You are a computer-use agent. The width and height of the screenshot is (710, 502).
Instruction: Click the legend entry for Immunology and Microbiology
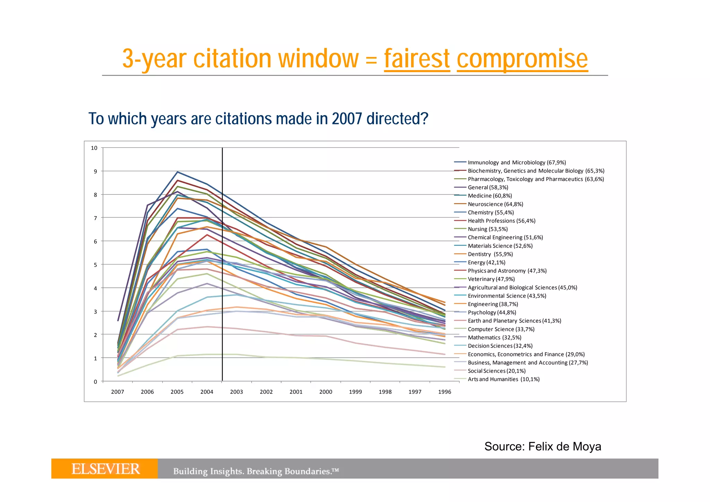(517, 162)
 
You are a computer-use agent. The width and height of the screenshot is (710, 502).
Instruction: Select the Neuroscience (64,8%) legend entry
(495, 204)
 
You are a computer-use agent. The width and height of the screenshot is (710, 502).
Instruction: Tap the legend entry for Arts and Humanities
(503, 379)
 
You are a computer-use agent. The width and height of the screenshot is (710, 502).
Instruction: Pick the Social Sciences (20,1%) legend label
(496, 371)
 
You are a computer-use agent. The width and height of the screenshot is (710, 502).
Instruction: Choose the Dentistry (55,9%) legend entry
(490, 254)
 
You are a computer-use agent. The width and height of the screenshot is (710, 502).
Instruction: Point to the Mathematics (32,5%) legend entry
(494, 338)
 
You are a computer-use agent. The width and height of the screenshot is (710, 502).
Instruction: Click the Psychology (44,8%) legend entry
(492, 312)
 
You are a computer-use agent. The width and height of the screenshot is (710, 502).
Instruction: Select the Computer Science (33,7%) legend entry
(501, 329)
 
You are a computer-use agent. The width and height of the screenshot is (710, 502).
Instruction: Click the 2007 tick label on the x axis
(118, 392)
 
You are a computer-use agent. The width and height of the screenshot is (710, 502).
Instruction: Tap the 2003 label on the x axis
(236, 392)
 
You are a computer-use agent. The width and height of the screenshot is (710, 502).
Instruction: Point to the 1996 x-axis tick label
(444, 392)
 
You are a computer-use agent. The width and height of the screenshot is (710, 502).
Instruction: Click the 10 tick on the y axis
(94, 148)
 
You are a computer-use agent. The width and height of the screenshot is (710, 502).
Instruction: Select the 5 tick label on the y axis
(95, 265)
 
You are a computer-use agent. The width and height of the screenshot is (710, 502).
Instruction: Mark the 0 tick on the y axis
(95, 382)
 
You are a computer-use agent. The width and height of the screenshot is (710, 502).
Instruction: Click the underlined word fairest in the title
(417, 59)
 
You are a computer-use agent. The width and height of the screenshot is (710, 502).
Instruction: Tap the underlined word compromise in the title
(522, 59)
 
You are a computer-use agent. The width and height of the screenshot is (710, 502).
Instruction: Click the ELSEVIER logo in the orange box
(105, 469)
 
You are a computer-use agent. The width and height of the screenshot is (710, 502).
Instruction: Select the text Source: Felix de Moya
(543, 447)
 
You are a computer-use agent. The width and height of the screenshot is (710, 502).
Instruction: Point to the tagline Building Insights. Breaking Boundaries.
(256, 471)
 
